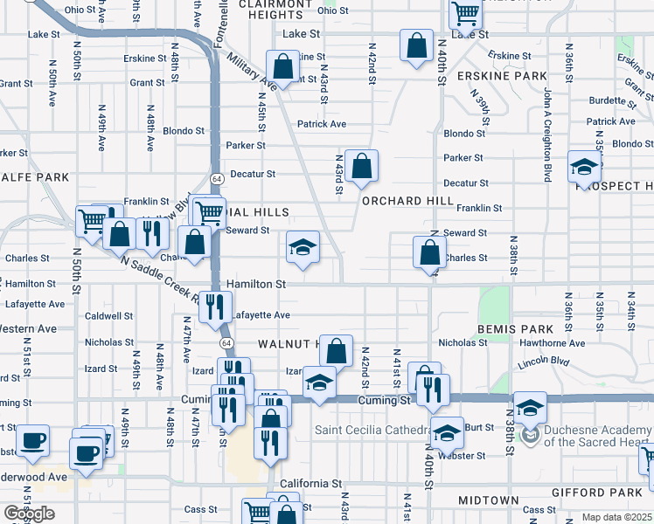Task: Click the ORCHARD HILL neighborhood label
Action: click(x=408, y=201)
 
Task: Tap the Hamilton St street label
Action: click(x=256, y=285)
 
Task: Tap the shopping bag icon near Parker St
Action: click(x=360, y=166)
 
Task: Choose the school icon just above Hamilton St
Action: click(x=303, y=248)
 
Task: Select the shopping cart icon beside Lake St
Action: click(x=465, y=14)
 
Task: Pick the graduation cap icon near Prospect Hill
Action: click(x=584, y=167)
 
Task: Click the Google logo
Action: click(x=29, y=514)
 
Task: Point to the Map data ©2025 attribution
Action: click(x=617, y=517)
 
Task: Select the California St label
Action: click(x=310, y=483)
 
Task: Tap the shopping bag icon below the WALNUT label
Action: click(x=336, y=351)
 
